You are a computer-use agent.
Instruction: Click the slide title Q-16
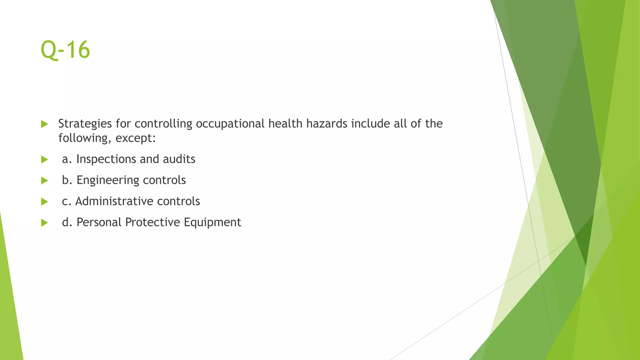pos(65,50)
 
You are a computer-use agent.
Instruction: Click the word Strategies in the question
pos(85,124)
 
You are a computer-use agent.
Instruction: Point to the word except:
pos(136,138)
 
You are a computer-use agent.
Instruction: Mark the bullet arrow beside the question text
pos(44,124)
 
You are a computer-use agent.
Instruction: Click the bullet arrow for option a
pos(44,160)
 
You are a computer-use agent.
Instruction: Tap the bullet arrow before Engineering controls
pos(44,181)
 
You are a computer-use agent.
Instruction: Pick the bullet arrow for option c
pos(44,202)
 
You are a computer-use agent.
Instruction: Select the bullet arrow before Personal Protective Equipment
pos(44,222)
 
